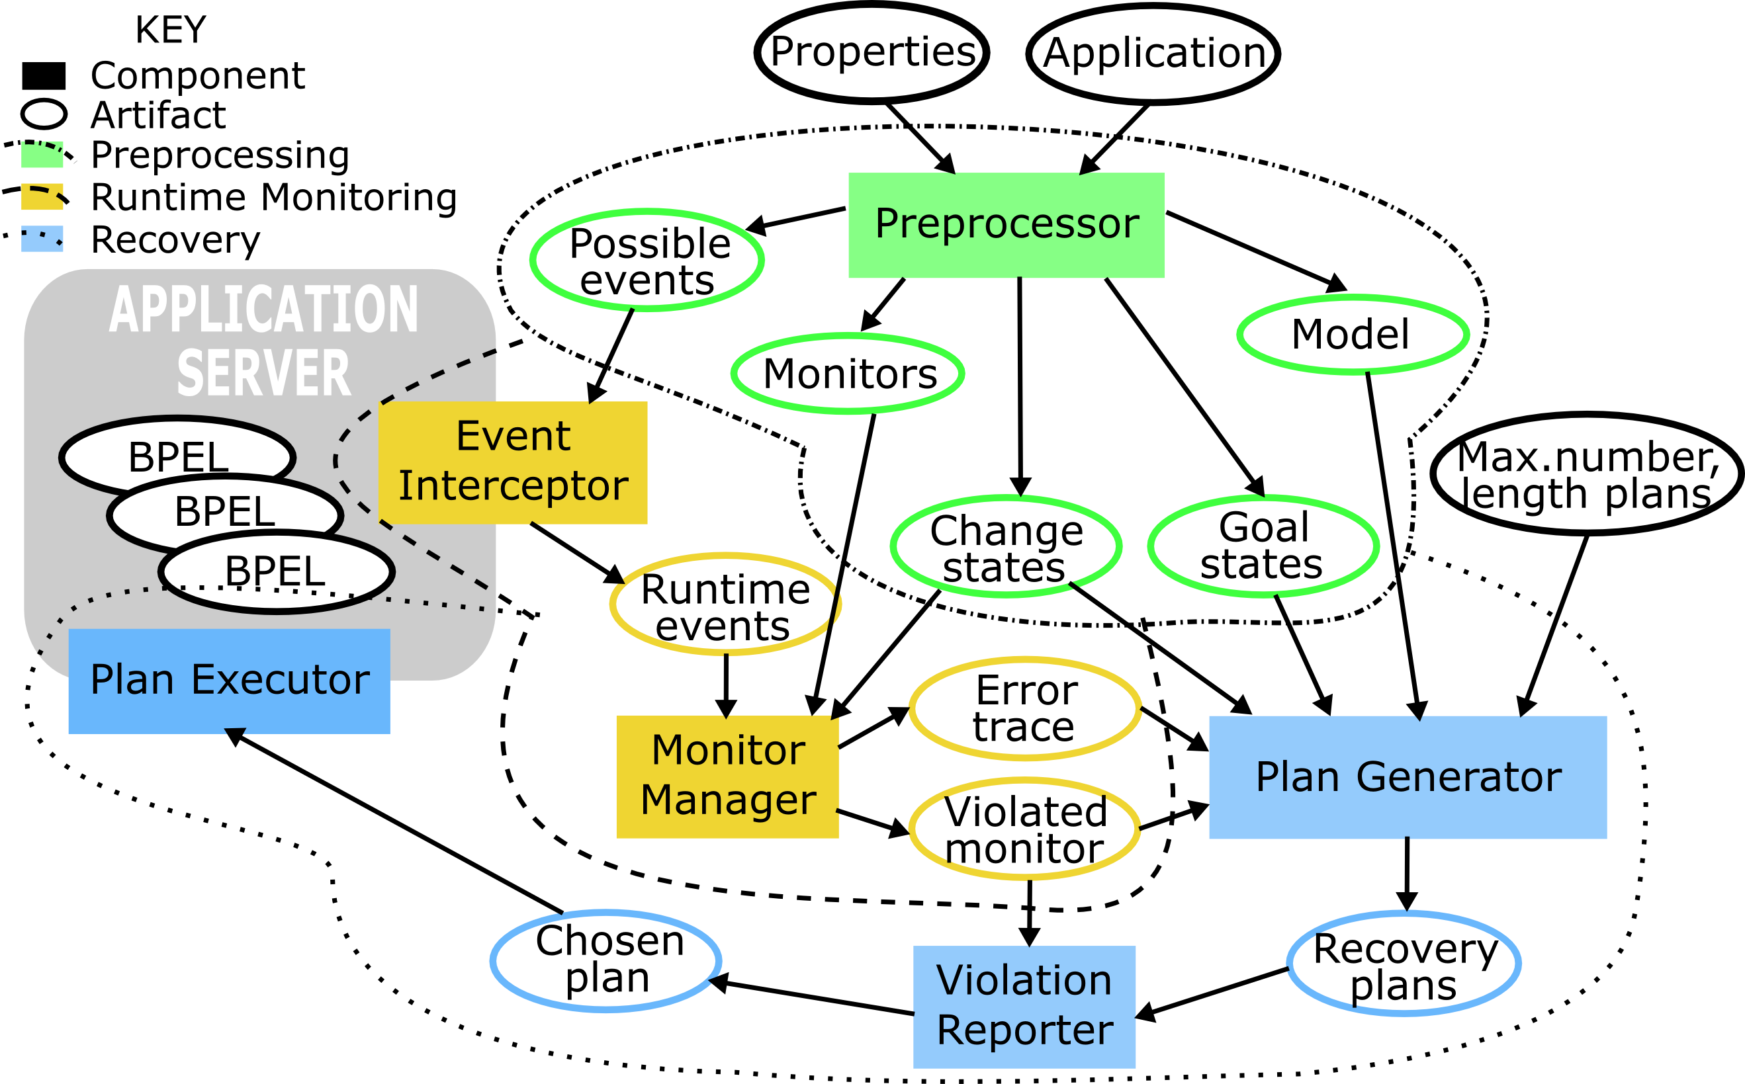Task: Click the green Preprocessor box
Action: (x=1006, y=224)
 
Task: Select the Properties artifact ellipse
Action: (x=872, y=52)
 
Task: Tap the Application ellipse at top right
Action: (x=1153, y=54)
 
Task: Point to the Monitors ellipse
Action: (x=848, y=374)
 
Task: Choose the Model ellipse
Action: (x=1353, y=334)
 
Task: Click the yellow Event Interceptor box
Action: (x=513, y=462)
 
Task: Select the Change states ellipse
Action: (x=1006, y=547)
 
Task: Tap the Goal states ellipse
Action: (x=1263, y=546)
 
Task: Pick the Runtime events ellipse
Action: (x=725, y=605)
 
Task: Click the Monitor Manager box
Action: (x=727, y=776)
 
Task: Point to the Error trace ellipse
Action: (x=1025, y=708)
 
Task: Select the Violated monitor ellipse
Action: (x=1025, y=829)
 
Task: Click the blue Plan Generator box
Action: (x=1408, y=776)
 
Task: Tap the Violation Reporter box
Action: (x=1024, y=1006)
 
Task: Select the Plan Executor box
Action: (x=229, y=681)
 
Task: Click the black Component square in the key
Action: (x=44, y=75)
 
